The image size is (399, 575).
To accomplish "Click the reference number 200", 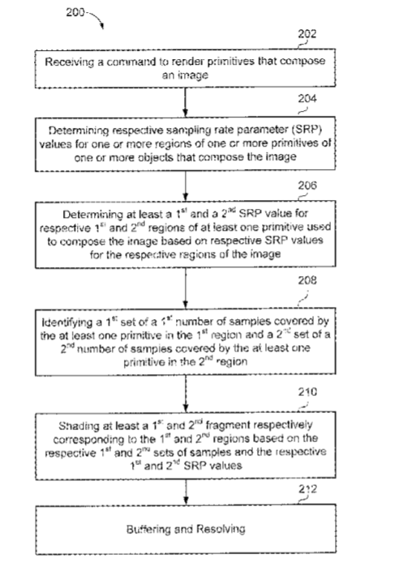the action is click(75, 12).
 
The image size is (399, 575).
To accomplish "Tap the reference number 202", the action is click(307, 34).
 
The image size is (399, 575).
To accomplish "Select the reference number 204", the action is click(307, 99).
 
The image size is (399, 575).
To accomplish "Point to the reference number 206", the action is click(307, 185).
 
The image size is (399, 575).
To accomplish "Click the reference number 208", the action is click(307, 280).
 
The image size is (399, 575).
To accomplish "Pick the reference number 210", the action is click(307, 392).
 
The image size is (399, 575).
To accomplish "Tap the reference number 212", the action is click(307, 489).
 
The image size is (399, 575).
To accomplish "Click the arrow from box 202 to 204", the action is click(186, 102).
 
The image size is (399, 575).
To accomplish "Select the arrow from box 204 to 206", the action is click(186, 186).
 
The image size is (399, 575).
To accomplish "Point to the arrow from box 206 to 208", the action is click(186, 288).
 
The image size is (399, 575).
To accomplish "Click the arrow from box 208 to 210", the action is click(186, 394).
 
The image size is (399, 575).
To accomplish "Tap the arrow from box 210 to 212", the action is click(186, 492).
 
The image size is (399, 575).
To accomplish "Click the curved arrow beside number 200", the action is click(95, 19).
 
